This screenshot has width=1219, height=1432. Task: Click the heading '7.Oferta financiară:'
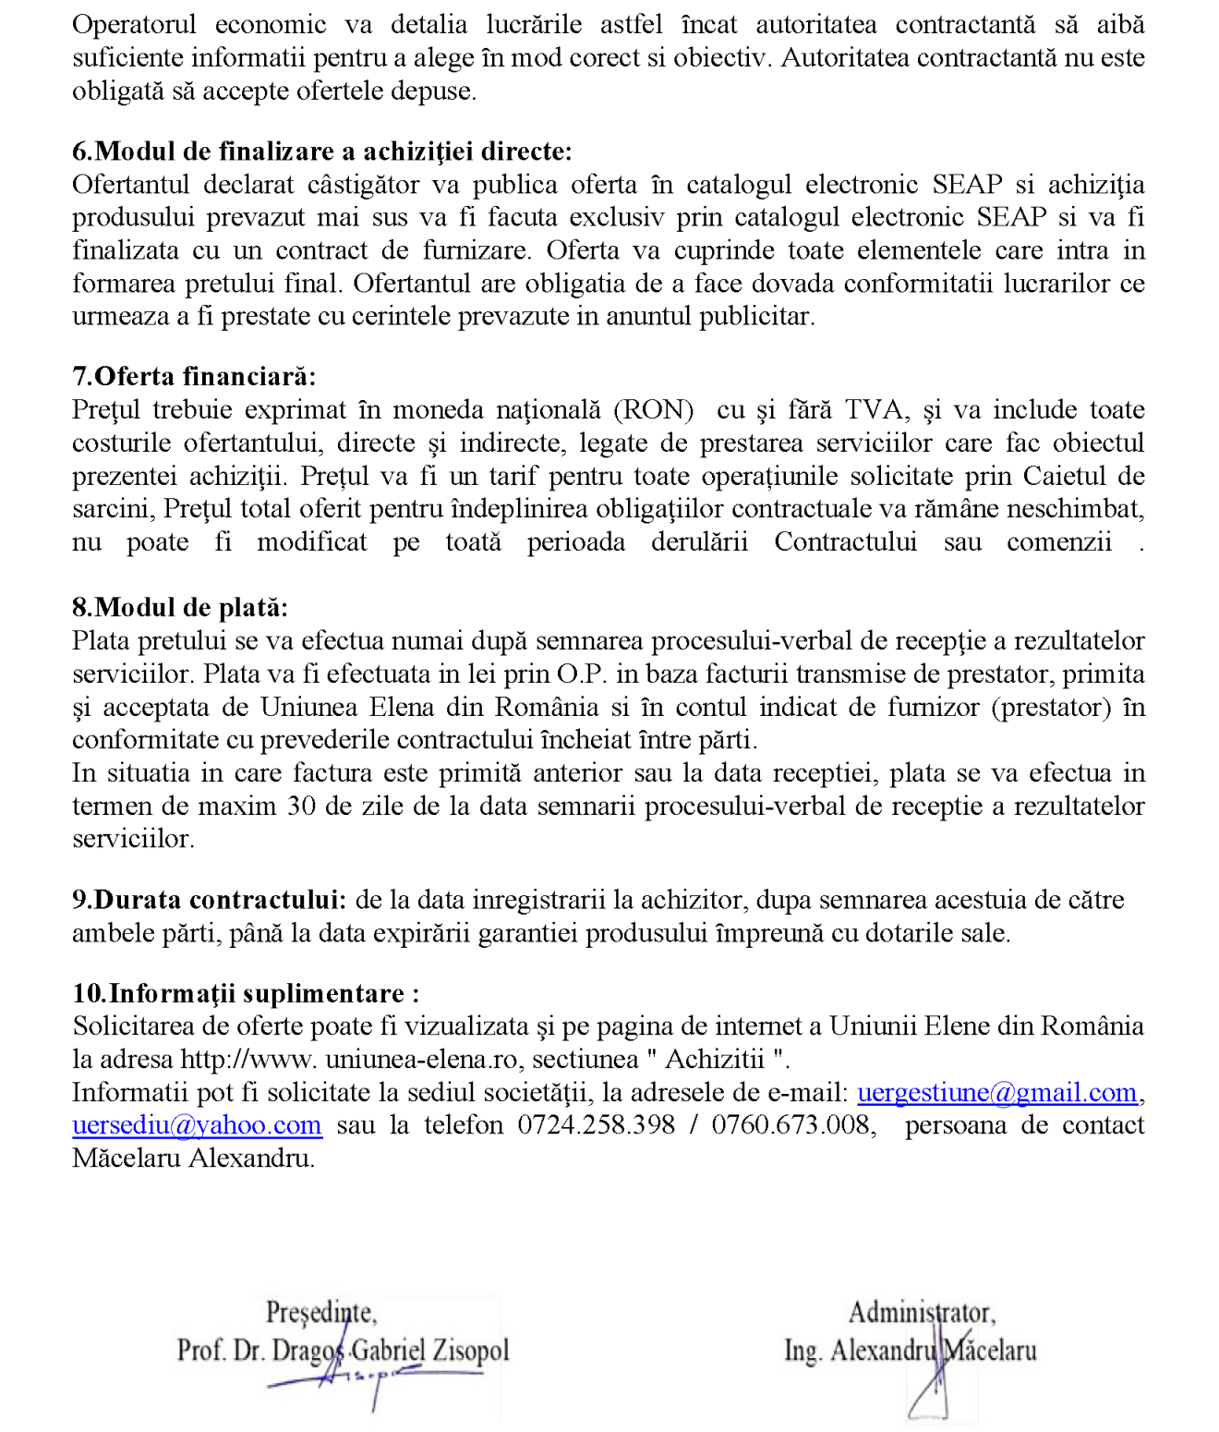click(194, 377)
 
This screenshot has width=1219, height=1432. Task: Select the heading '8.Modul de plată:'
click(180, 608)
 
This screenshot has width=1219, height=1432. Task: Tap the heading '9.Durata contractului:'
click(210, 900)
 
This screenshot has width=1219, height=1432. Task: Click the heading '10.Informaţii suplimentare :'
click(246, 994)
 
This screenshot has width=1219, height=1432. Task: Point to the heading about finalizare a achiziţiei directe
click(322, 152)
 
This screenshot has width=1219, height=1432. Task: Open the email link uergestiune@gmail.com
click(996, 1093)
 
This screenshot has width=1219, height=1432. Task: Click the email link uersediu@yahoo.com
click(197, 1126)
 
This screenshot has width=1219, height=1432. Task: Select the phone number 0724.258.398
click(596, 1126)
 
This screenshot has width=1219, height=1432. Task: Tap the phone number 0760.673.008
click(791, 1126)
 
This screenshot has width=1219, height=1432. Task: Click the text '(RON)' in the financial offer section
click(653, 410)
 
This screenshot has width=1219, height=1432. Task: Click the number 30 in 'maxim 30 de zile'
click(301, 807)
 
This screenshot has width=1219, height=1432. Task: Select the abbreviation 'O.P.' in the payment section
click(582, 674)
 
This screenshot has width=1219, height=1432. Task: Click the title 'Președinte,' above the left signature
click(320, 1312)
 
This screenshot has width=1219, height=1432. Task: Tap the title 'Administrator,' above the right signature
click(922, 1312)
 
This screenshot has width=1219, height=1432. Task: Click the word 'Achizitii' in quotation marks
click(715, 1060)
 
